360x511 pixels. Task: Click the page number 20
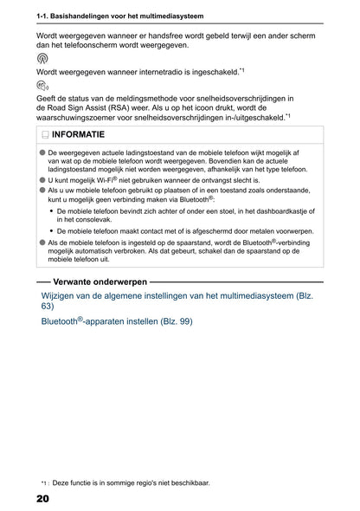pyautogui.click(x=42, y=500)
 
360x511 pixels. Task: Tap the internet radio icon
pyautogui.click(x=42, y=59)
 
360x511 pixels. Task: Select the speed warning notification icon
pyautogui.click(x=43, y=87)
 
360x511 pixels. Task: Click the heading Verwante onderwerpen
pyautogui.click(x=100, y=281)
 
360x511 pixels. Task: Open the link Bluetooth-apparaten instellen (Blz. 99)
pyautogui.click(x=117, y=321)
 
